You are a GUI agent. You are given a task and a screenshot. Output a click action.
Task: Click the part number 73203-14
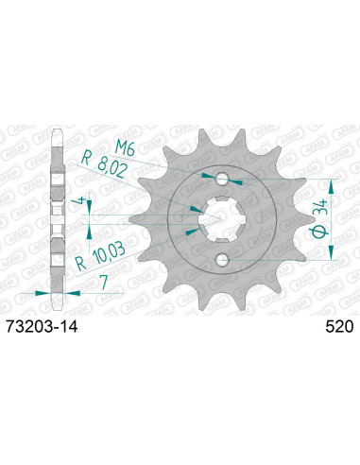[x=42, y=325]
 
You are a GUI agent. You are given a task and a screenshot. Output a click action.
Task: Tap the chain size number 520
[x=337, y=325]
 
